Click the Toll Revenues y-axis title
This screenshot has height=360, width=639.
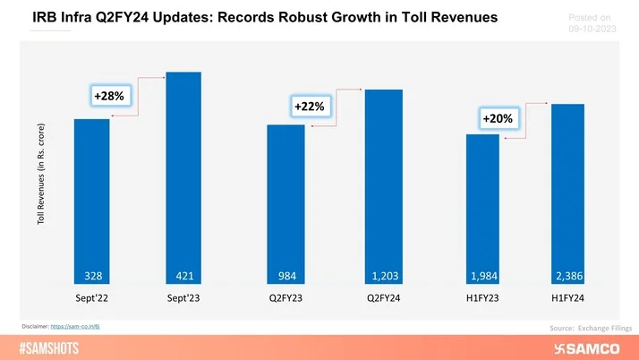coord(42,186)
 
